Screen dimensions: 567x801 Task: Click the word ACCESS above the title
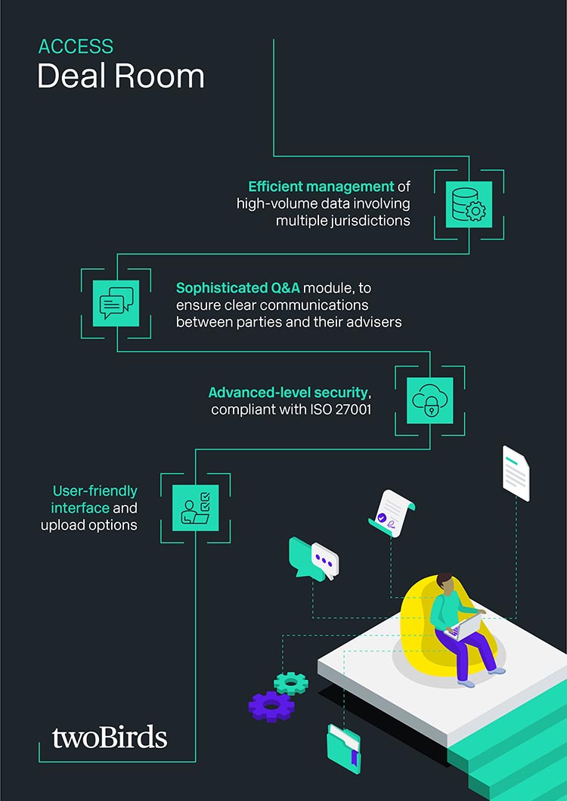[x=76, y=47]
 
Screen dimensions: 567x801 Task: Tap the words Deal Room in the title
[x=121, y=77]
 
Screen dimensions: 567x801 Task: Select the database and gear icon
[x=469, y=204]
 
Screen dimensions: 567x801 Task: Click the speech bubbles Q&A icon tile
[x=116, y=303]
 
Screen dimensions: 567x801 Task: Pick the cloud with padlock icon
[x=430, y=400]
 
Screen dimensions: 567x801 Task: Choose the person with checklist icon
[x=195, y=508]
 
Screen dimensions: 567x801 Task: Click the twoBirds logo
[x=110, y=738]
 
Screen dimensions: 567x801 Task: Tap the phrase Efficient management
[x=321, y=186]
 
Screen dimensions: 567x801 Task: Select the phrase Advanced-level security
[x=288, y=392]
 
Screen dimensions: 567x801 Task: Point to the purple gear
[x=271, y=706]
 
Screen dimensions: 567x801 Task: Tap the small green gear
[x=291, y=683]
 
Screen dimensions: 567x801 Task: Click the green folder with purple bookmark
[x=343, y=748]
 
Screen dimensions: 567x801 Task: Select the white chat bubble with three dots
[x=325, y=560]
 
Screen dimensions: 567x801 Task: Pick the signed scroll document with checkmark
[x=392, y=513]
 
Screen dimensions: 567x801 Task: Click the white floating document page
[x=516, y=473]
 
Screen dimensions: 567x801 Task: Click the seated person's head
[x=445, y=584]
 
